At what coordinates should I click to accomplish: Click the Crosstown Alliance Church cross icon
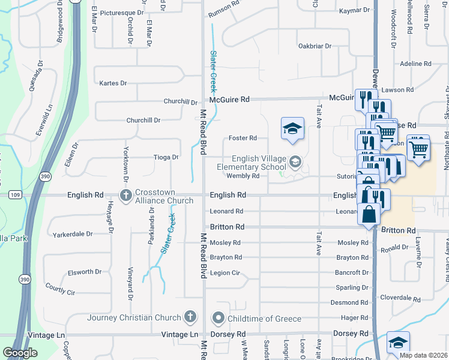(126, 196)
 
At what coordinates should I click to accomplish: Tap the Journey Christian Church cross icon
(190, 317)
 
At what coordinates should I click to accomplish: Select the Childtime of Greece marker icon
(218, 317)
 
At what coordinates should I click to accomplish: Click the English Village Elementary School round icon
(295, 161)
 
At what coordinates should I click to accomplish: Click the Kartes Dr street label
(113, 83)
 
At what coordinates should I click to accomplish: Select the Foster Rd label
(245, 138)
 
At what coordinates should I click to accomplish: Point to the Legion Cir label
(225, 273)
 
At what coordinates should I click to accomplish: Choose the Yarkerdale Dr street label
(73, 234)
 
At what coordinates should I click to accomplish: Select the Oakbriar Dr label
(315, 46)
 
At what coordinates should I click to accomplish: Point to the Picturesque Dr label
(122, 12)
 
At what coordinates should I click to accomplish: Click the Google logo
(20, 353)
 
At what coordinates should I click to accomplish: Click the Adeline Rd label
(415, 64)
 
